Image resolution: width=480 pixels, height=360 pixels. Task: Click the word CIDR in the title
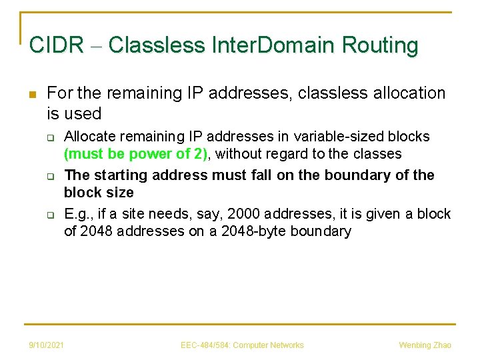coord(57,45)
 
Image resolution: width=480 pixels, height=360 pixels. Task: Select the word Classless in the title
coord(156,45)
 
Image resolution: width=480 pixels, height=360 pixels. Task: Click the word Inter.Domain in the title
coord(273,45)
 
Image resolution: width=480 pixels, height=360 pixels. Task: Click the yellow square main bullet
coord(33,93)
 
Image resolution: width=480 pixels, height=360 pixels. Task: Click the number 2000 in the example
coord(247,213)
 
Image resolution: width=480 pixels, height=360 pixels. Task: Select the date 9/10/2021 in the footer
coord(47,345)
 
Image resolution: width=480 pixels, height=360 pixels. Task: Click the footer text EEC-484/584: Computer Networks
coord(242,345)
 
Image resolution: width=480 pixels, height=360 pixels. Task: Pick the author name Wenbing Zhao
coord(425,345)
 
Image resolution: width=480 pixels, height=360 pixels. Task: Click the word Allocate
coord(87,136)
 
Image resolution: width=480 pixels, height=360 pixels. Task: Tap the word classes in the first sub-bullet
coord(379,154)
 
